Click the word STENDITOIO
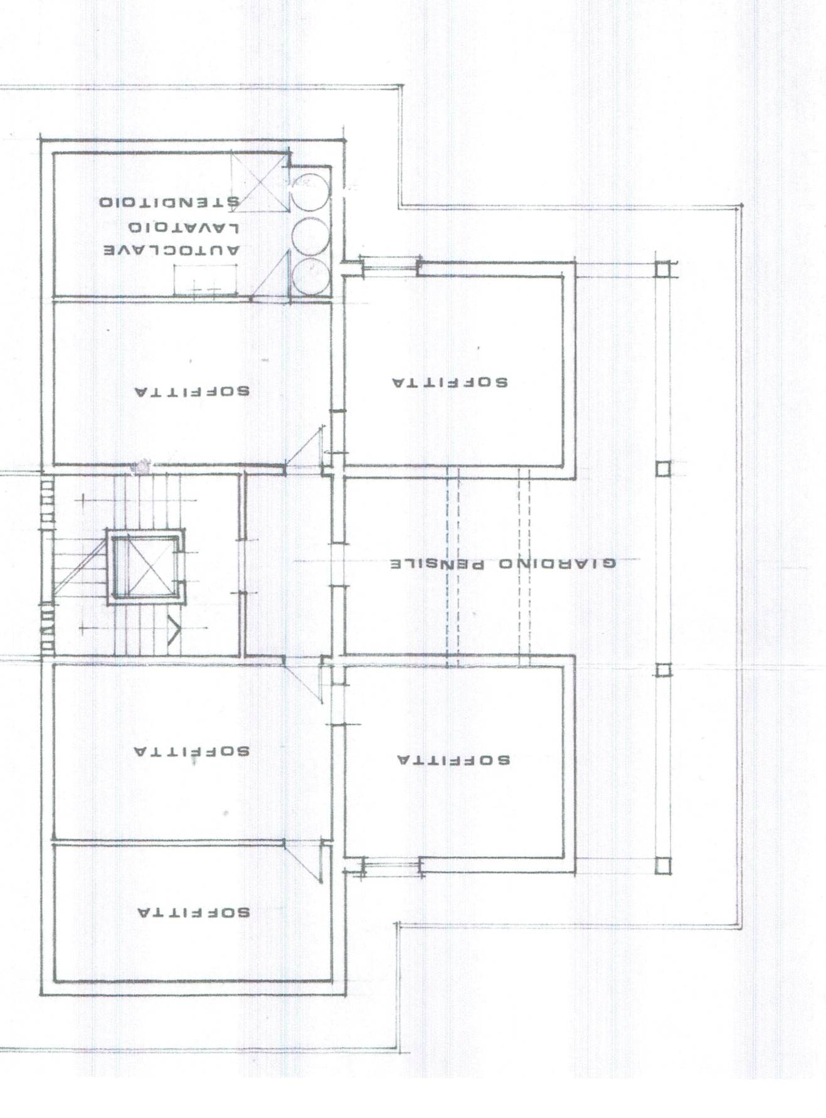click(x=169, y=203)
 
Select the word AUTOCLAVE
click(x=171, y=250)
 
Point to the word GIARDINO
click(x=558, y=563)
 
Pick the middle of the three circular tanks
click(x=311, y=235)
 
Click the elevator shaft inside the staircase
click(x=146, y=567)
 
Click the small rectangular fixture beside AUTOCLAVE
click(x=205, y=279)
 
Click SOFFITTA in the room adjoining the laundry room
click(x=192, y=391)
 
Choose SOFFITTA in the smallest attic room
click(x=193, y=912)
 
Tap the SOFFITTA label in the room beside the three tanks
click(x=450, y=382)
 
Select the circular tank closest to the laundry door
click(x=311, y=276)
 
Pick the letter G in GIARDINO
click(x=610, y=563)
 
